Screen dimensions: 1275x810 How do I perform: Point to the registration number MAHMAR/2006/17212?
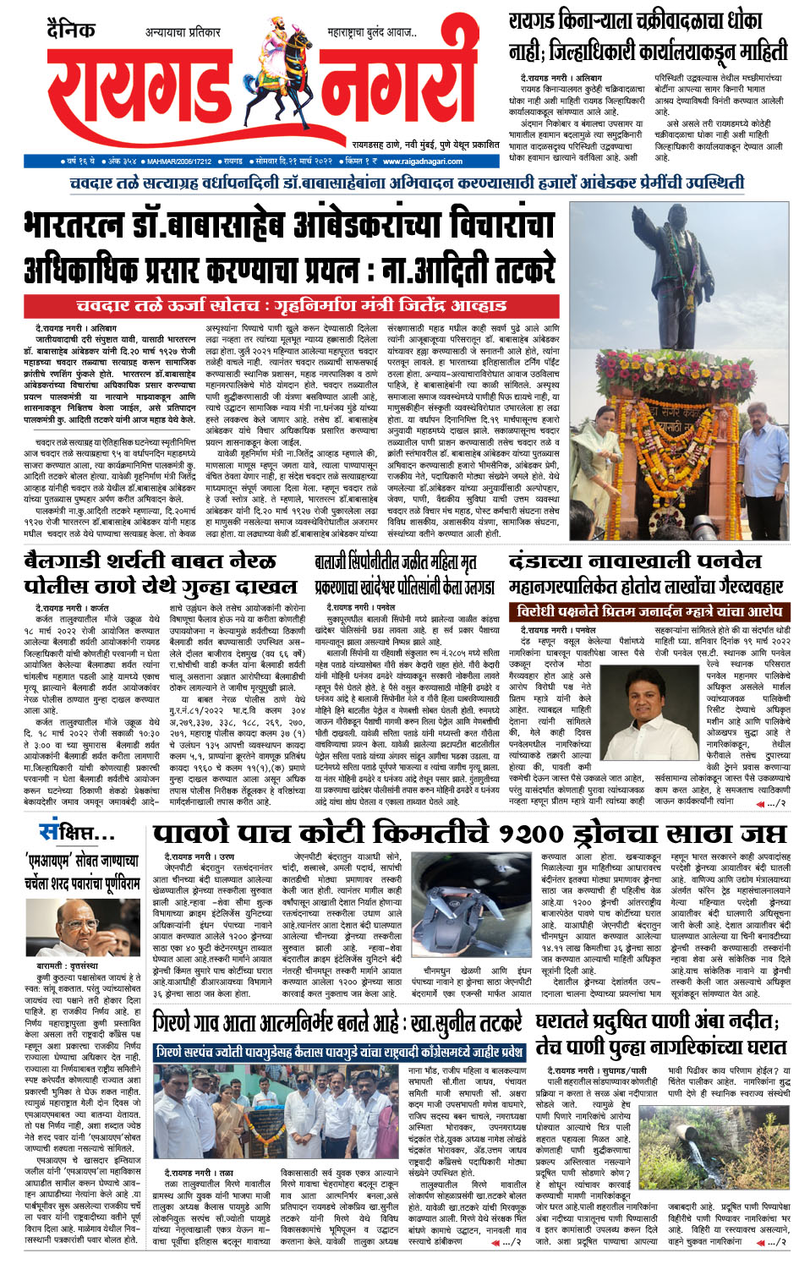(179, 161)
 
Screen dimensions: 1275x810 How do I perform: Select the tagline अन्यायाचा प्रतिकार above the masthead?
(183, 32)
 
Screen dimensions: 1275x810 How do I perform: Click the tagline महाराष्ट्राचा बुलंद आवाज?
(371, 33)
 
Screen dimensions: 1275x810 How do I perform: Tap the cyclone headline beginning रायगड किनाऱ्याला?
(647, 36)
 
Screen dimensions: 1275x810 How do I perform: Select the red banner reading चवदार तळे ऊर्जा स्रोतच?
(291, 305)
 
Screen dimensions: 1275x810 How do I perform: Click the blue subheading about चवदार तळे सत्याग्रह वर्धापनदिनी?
(406, 183)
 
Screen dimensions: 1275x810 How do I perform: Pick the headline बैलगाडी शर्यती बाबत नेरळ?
(161, 572)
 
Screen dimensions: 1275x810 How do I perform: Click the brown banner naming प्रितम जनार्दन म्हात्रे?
(649, 611)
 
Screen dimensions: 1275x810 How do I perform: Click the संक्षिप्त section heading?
(76, 831)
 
